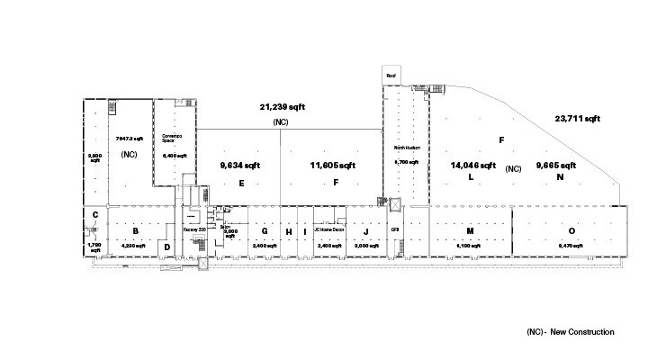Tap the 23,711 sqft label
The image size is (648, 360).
point(577,118)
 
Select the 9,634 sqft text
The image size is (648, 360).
point(240,166)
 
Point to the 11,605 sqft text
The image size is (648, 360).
point(333,166)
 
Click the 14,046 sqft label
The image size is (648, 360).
point(472,166)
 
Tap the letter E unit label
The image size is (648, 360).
point(240,183)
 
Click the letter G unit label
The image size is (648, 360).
point(265,231)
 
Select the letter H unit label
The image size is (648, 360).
point(288,231)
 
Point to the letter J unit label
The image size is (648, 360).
point(365,231)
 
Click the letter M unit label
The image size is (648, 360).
point(470,231)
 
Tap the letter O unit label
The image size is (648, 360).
point(571,231)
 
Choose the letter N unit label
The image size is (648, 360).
point(559,177)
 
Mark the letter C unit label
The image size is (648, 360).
point(94,214)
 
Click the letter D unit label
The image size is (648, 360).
point(166,246)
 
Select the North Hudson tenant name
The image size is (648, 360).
point(408,147)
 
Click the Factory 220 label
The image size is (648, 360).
point(195,230)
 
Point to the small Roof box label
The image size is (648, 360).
point(391,76)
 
